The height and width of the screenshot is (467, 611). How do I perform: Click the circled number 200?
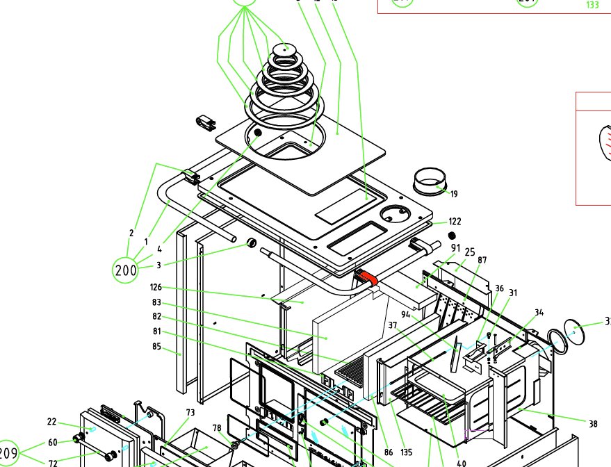[x=126, y=270]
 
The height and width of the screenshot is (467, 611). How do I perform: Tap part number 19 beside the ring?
[x=454, y=194]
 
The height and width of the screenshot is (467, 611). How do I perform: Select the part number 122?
[x=455, y=222]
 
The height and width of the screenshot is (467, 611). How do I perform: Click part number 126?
[x=156, y=287]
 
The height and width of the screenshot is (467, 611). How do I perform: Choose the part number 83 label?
[x=156, y=302]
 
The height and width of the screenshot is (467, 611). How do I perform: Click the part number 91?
[x=455, y=248]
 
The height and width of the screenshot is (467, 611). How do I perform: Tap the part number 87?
[x=482, y=260]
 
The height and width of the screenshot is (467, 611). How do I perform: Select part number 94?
[x=405, y=315]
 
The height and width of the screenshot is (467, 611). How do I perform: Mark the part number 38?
[x=593, y=423]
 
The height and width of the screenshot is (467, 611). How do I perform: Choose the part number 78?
[x=216, y=427]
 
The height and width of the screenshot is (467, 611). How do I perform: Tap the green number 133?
[x=592, y=5]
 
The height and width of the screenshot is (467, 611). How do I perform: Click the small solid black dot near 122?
[x=432, y=236]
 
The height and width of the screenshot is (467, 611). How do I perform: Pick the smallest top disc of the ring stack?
[x=283, y=49]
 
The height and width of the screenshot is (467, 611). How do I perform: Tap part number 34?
[x=539, y=312]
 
